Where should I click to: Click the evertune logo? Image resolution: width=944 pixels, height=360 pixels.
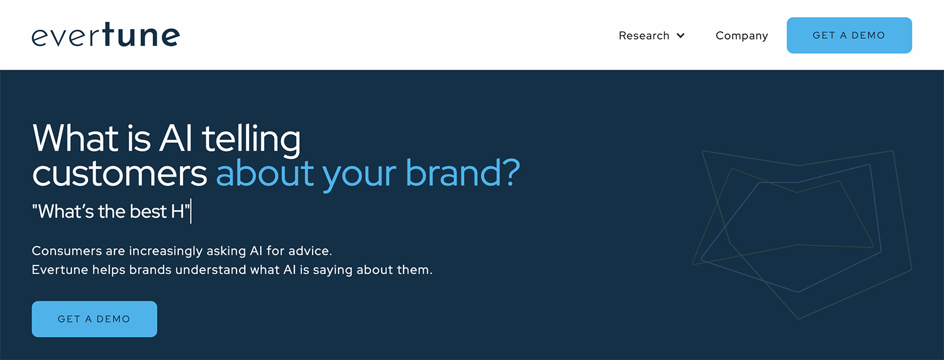pos(106,35)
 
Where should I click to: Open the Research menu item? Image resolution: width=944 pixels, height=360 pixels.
pos(644,35)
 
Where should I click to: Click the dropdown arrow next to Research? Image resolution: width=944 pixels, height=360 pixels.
pos(680,36)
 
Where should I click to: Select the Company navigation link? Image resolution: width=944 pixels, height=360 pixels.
pos(742,36)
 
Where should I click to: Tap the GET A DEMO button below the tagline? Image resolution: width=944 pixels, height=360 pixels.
pos(94,319)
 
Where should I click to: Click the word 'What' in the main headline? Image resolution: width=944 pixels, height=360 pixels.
pos(76,138)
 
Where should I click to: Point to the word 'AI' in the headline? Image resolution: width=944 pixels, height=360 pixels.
pos(176,138)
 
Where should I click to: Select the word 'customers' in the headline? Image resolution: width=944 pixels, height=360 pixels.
pos(120,174)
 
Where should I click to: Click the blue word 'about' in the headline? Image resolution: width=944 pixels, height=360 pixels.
pos(265,172)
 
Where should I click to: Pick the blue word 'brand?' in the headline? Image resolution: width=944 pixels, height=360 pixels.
pos(463,172)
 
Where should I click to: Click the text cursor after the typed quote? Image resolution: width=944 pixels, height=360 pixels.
pos(191,211)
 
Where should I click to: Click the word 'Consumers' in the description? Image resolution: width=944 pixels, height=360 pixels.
pos(67,251)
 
